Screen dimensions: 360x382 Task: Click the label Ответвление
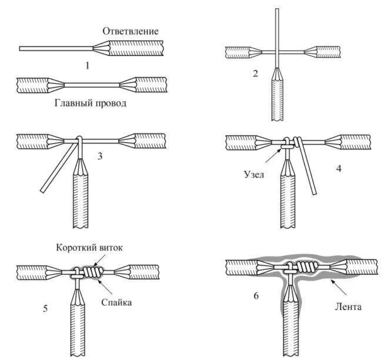click(x=130, y=31)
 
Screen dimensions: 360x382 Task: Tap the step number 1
click(x=87, y=65)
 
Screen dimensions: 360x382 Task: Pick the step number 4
click(x=339, y=168)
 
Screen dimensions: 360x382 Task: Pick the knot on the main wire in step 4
click(x=287, y=142)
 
